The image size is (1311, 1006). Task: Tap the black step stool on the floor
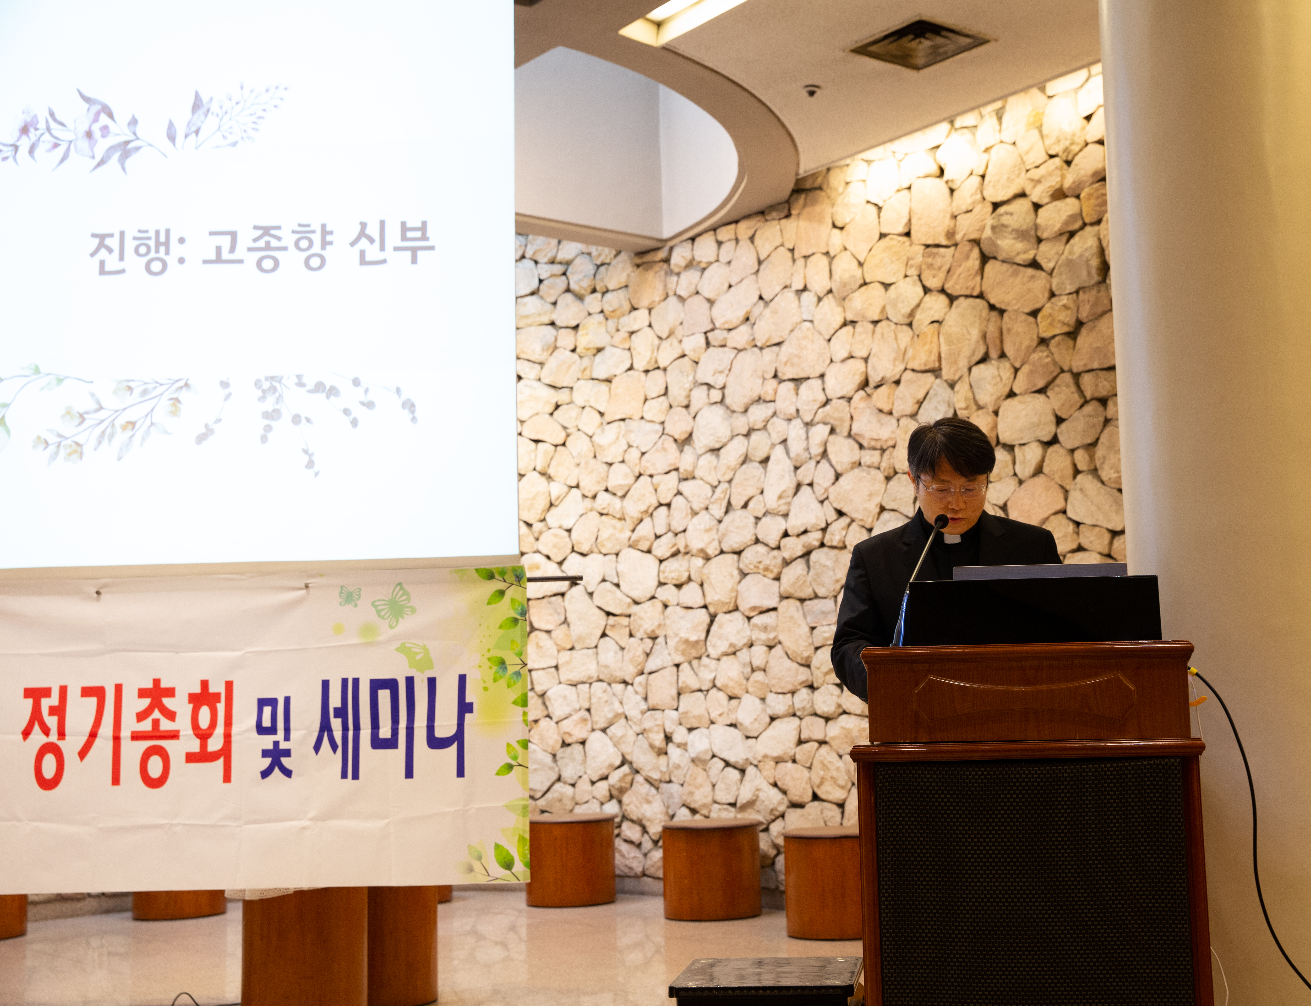coord(767,982)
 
